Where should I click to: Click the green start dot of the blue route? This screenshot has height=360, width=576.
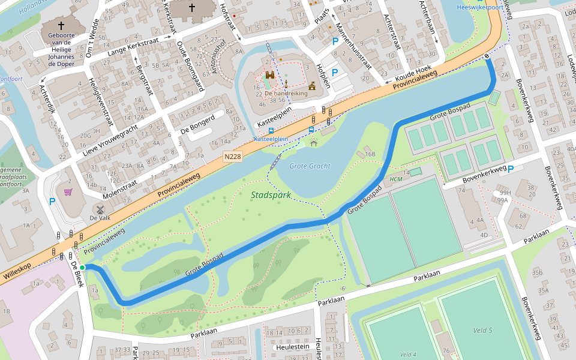click(x=82, y=268)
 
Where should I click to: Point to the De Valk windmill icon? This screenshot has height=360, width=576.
click(x=100, y=210)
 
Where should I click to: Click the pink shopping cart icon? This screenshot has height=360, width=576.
click(x=68, y=192)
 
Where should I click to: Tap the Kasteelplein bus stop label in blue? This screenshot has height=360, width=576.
click(x=271, y=139)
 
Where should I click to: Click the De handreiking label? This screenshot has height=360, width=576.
click(x=286, y=94)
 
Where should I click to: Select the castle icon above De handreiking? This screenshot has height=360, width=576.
click(x=271, y=76)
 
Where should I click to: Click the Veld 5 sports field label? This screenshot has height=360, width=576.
click(x=482, y=331)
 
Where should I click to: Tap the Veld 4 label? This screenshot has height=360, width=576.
click(x=408, y=354)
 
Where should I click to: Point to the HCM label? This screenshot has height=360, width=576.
click(x=396, y=179)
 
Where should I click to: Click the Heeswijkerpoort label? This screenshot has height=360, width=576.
click(x=479, y=7)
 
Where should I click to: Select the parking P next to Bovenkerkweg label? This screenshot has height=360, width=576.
click(x=511, y=169)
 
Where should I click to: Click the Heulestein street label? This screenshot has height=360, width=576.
click(x=291, y=347)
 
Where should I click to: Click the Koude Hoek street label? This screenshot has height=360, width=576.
click(x=413, y=74)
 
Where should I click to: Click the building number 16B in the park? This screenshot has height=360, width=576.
click(x=370, y=154)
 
